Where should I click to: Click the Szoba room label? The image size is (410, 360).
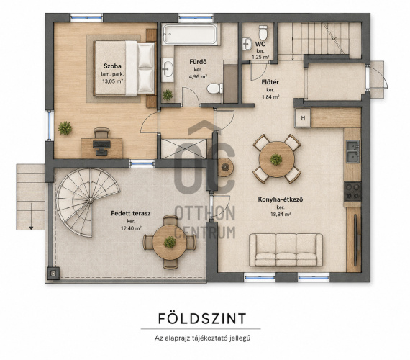point(112,66)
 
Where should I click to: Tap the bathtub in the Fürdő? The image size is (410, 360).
point(190,35)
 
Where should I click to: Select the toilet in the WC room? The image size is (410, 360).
point(263,32)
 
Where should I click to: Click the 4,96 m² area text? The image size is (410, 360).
point(198,77)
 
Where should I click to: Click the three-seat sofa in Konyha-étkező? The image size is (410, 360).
point(286,250)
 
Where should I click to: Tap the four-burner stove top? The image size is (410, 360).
point(352,192)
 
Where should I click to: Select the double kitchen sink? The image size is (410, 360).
point(353,151)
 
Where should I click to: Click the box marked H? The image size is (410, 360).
point(303,118)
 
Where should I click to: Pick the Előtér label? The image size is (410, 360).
point(270,82)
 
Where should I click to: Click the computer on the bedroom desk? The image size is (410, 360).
point(101,147)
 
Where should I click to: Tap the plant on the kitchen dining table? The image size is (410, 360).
point(276,159)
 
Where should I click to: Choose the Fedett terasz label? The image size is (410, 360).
point(131,213)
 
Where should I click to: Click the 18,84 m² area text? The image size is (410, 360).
point(281,214)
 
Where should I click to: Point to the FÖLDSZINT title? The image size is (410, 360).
point(202,318)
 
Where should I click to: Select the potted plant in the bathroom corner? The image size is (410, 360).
point(168,94)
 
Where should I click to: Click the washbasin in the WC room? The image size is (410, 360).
point(247,44)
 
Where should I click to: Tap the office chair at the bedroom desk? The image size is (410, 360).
point(101,132)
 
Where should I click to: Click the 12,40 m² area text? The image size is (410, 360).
point(131,228)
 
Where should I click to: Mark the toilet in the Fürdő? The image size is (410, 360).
point(215,89)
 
